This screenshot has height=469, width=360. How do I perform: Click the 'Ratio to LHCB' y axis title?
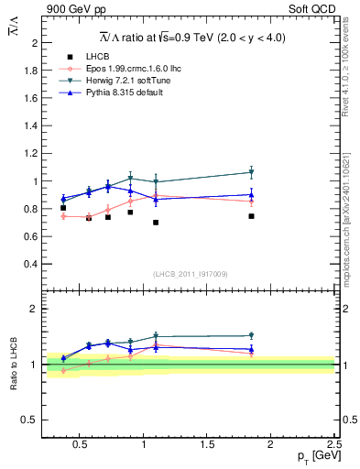pos(14,364)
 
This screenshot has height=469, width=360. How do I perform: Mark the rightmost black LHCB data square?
pos(251,216)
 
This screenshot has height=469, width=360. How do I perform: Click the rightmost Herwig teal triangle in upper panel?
pos(251,172)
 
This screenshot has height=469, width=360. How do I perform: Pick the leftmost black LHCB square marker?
pos(63,208)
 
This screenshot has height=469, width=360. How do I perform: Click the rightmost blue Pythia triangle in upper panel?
pos(251,194)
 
